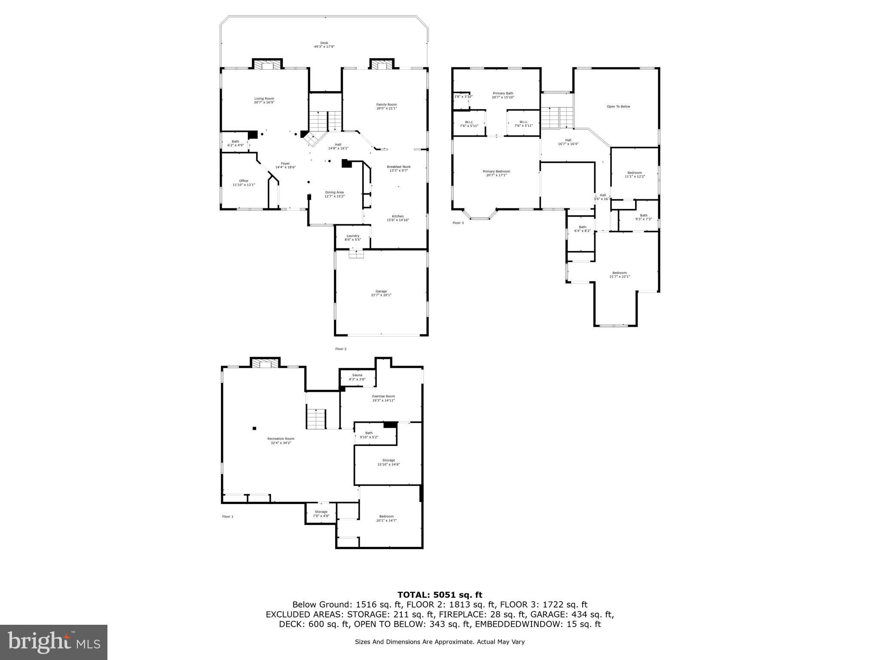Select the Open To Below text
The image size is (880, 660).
(x=618, y=107)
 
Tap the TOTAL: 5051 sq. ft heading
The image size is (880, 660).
(x=440, y=595)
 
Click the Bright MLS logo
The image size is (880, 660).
(x=54, y=642)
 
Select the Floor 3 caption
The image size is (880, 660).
(x=458, y=223)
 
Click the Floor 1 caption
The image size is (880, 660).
(x=227, y=516)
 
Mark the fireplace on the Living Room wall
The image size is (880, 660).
(x=267, y=64)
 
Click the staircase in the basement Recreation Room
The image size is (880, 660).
(x=316, y=419)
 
